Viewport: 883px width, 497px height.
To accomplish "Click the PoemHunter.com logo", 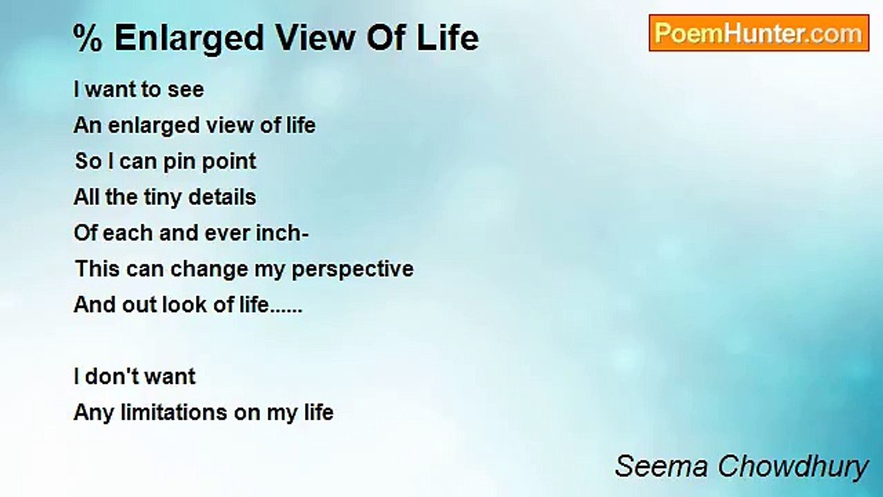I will [758, 33].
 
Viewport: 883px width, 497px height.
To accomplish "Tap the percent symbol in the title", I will [87, 38].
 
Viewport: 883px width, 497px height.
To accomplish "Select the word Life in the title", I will [451, 38].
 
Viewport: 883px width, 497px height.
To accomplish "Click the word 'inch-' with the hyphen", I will [282, 233].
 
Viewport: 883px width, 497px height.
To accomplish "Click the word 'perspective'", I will [353, 270].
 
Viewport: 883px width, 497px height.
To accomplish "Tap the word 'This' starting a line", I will [93, 269].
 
